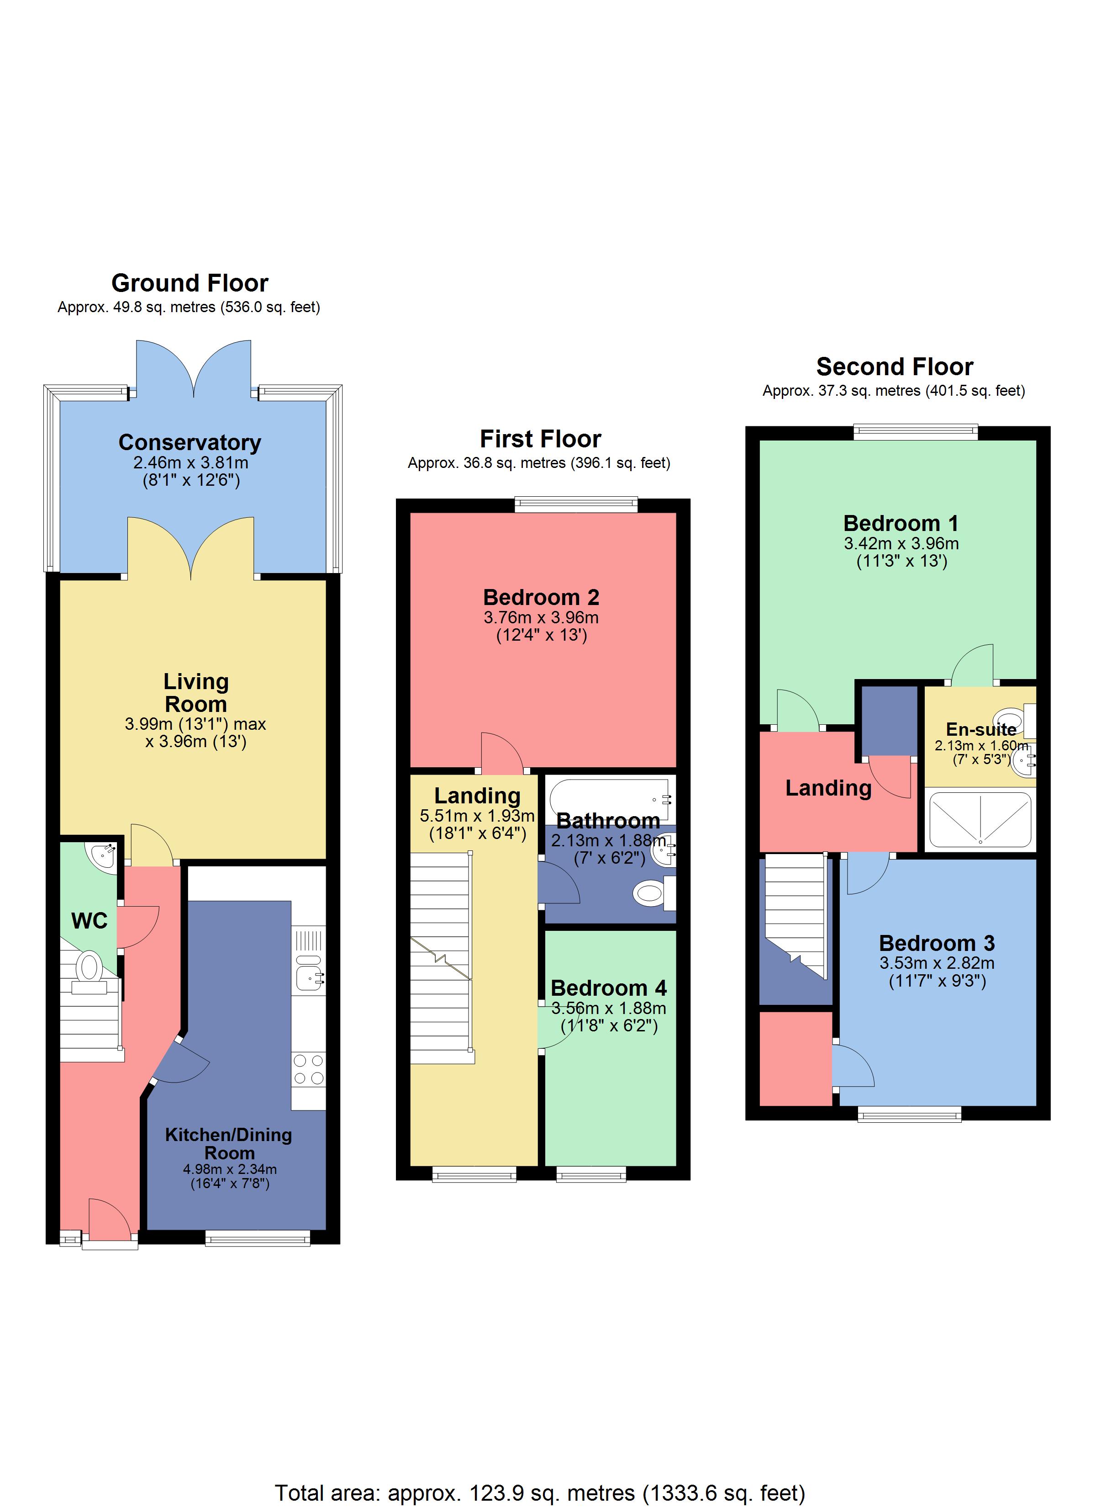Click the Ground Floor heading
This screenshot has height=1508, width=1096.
pyautogui.click(x=190, y=283)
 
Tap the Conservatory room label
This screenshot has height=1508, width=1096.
pyautogui.click(x=190, y=442)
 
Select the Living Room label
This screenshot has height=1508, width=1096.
pyautogui.click(x=195, y=693)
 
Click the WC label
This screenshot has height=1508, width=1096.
pyautogui.click(x=89, y=921)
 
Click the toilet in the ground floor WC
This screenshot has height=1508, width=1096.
pyautogui.click(x=89, y=969)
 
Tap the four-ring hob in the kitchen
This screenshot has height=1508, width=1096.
pyautogui.click(x=308, y=1069)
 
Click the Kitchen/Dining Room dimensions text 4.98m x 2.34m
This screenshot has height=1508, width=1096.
pyautogui.click(x=230, y=1169)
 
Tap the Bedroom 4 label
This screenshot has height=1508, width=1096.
pyautogui.click(x=608, y=988)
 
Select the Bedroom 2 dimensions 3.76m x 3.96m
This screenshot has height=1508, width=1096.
pyautogui.click(x=541, y=618)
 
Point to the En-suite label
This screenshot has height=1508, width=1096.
pyautogui.click(x=981, y=729)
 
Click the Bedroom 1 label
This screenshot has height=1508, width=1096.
pyautogui.click(x=901, y=523)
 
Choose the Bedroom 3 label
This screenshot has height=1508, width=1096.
pyautogui.click(x=937, y=943)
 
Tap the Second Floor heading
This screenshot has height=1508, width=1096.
pyautogui.click(x=894, y=367)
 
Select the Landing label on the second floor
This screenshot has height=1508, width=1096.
pyautogui.click(x=828, y=788)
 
